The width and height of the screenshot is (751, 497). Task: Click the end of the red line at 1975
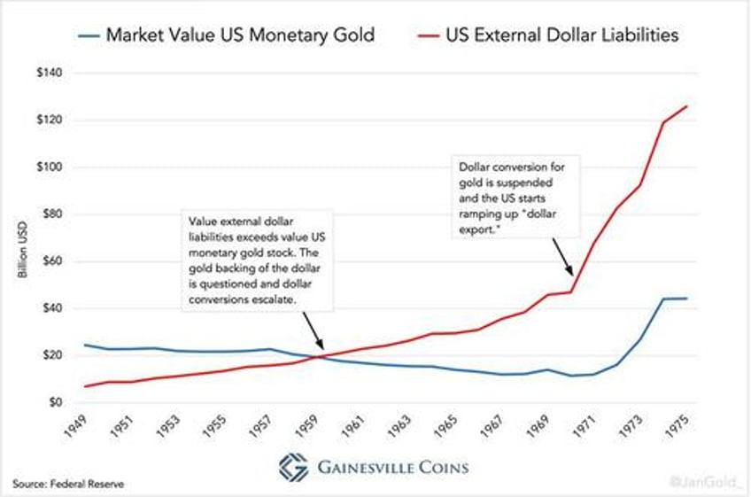point(686,106)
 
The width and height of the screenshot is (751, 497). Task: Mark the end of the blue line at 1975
point(686,299)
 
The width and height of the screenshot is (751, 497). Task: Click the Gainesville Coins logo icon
point(294,467)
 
